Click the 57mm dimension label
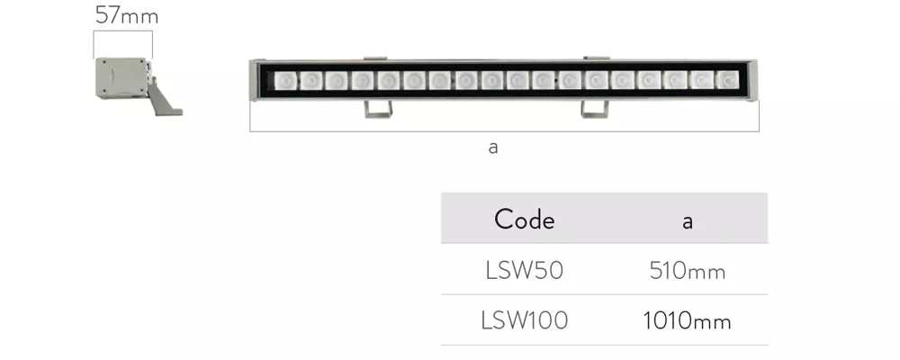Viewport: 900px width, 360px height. point(127,15)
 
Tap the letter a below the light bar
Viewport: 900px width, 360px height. point(493,148)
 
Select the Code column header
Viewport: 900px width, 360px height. point(524,220)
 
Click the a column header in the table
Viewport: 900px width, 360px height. point(687,221)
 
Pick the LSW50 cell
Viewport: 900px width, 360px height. point(524,270)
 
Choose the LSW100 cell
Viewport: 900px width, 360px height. point(524,320)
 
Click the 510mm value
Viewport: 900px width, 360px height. point(687,270)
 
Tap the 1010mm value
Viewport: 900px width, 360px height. point(687,321)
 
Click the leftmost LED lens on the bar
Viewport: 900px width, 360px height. point(283,80)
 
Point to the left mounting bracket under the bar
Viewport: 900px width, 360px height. point(378,109)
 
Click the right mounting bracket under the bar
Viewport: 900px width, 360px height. point(595,109)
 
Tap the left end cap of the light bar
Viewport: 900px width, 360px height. point(253,80)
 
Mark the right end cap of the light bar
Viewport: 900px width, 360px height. point(754,80)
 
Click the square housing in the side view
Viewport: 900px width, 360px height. point(121,78)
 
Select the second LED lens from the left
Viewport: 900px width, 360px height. point(310,80)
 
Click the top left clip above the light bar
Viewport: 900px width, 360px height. point(375,58)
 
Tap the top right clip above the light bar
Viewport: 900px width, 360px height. point(597,58)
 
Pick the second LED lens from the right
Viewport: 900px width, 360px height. point(702,80)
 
